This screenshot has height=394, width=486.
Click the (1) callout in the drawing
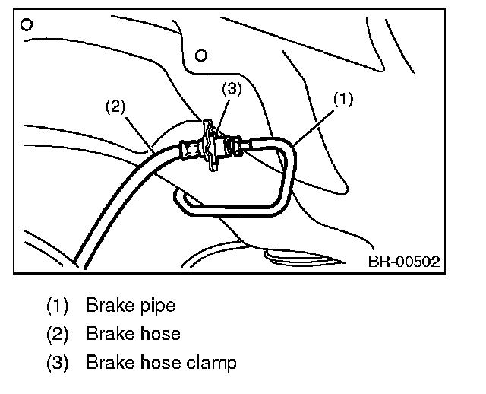tap(343, 100)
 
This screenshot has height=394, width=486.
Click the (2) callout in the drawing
tap(115, 106)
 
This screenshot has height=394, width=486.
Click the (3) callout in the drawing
tap(232, 88)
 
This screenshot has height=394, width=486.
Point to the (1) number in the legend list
tap(57, 306)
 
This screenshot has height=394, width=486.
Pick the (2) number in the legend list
tap(57, 334)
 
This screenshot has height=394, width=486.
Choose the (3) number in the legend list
tap(57, 362)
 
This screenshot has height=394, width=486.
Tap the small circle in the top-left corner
tap(27, 24)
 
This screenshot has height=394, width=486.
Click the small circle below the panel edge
tap(201, 55)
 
